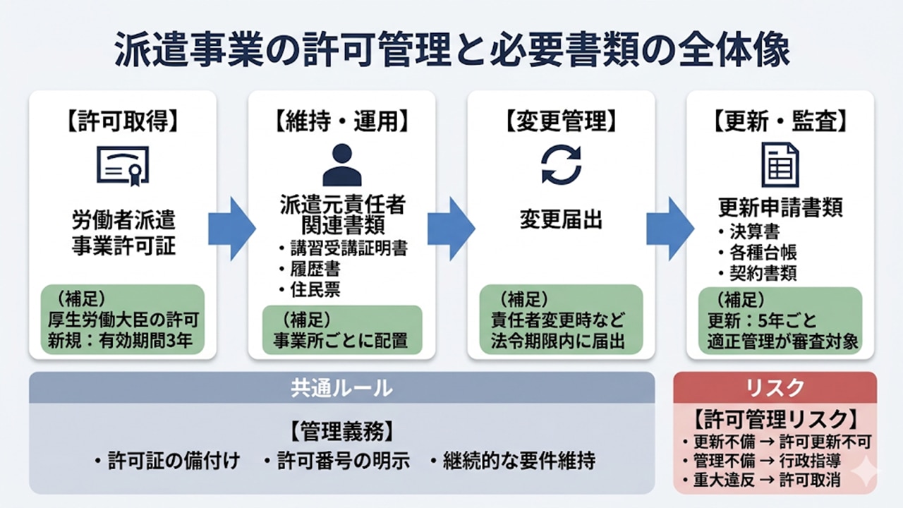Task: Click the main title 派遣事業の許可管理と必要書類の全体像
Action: click(451, 51)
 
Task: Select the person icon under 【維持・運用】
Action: click(341, 165)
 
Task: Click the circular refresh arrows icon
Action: click(561, 165)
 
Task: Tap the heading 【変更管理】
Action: click(561, 121)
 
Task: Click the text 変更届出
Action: click(561, 219)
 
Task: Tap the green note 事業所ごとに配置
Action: click(341, 341)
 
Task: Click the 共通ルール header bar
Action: click(341, 387)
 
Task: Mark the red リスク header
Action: click(775, 387)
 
